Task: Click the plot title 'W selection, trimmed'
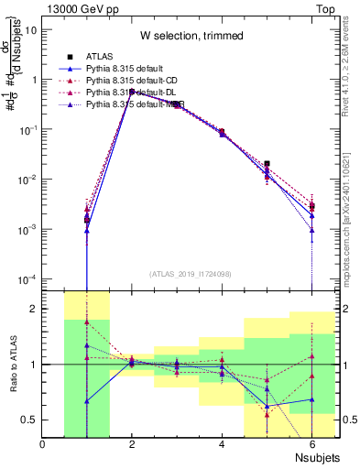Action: click(x=191, y=36)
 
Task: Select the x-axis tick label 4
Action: click(x=222, y=444)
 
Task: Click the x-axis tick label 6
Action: click(x=311, y=444)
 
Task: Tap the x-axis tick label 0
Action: click(x=42, y=444)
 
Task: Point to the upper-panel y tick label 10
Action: click(x=30, y=29)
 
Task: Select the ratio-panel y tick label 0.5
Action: click(x=28, y=420)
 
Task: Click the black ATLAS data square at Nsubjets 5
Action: click(x=267, y=164)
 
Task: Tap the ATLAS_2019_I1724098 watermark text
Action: click(x=191, y=273)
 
